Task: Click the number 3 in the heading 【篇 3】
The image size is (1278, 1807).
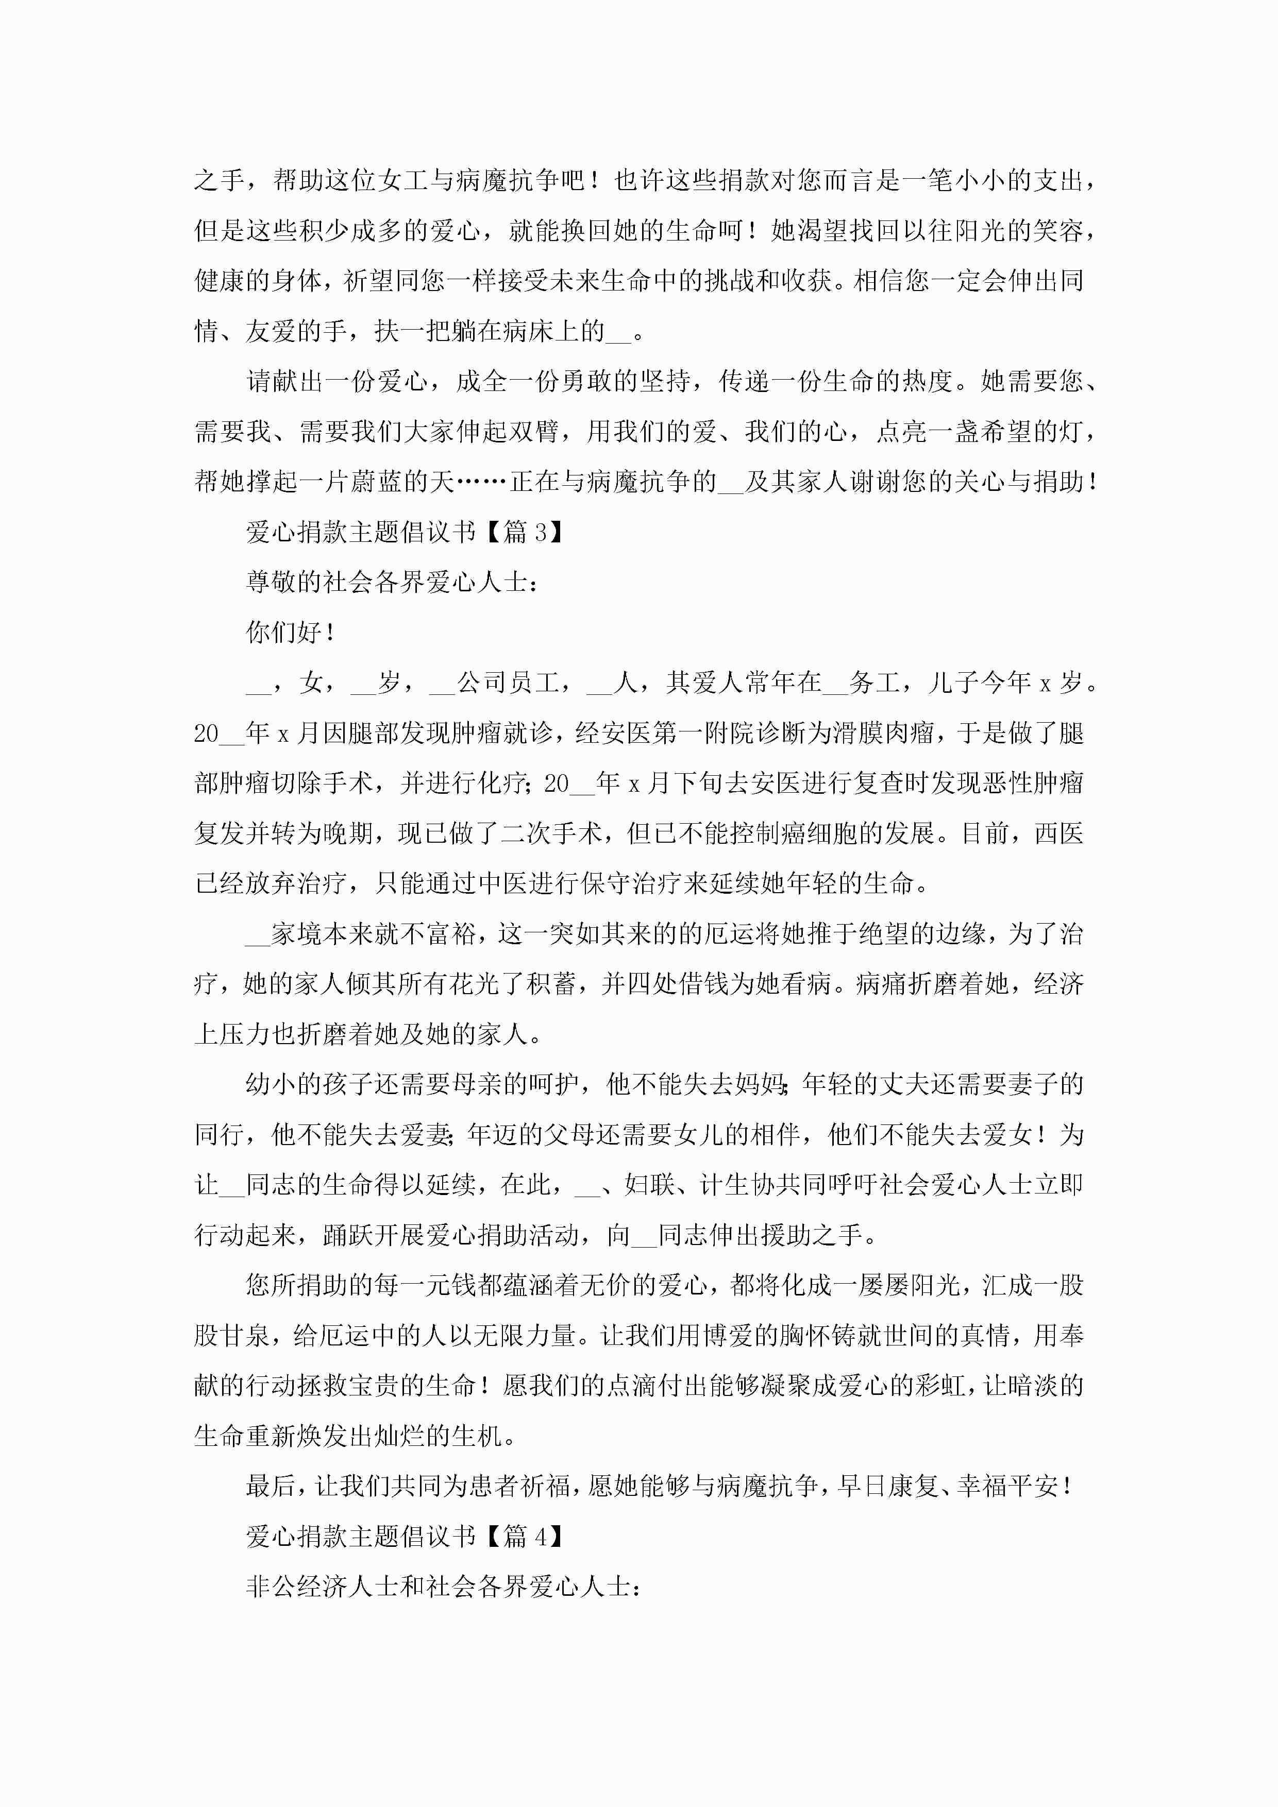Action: pos(541,533)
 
